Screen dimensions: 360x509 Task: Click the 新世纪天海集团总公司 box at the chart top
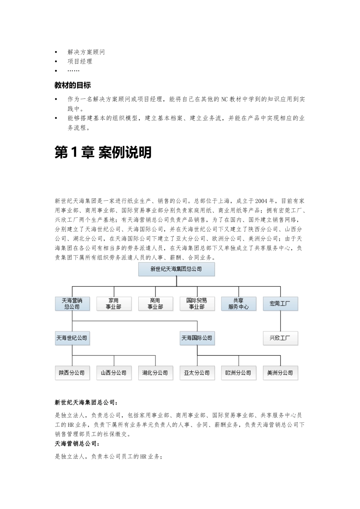coord(176,269)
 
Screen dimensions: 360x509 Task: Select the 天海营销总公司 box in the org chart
coord(72,303)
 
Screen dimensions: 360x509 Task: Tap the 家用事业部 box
coord(113,303)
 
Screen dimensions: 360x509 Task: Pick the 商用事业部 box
coord(155,303)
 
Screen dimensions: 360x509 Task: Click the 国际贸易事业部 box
coord(197,303)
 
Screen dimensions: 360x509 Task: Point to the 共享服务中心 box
coord(238,303)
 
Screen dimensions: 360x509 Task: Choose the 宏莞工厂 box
coord(280,303)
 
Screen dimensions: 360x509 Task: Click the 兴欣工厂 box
coord(280,338)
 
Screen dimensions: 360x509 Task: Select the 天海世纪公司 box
coord(72,338)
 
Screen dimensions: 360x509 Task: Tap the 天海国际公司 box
coord(197,338)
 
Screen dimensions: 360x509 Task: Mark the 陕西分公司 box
coord(72,373)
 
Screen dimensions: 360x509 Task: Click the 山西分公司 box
coord(113,373)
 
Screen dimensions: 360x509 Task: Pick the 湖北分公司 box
coord(155,373)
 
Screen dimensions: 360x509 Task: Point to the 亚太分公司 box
coord(197,373)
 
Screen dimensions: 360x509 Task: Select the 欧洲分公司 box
coord(238,373)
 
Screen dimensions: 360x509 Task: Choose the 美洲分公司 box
coord(280,373)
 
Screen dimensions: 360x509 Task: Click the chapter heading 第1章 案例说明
coord(103,152)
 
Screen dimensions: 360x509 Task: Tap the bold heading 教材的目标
coord(73,85)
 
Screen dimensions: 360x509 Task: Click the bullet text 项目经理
coord(80,61)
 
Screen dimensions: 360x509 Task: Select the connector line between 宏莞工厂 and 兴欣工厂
coord(280,321)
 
